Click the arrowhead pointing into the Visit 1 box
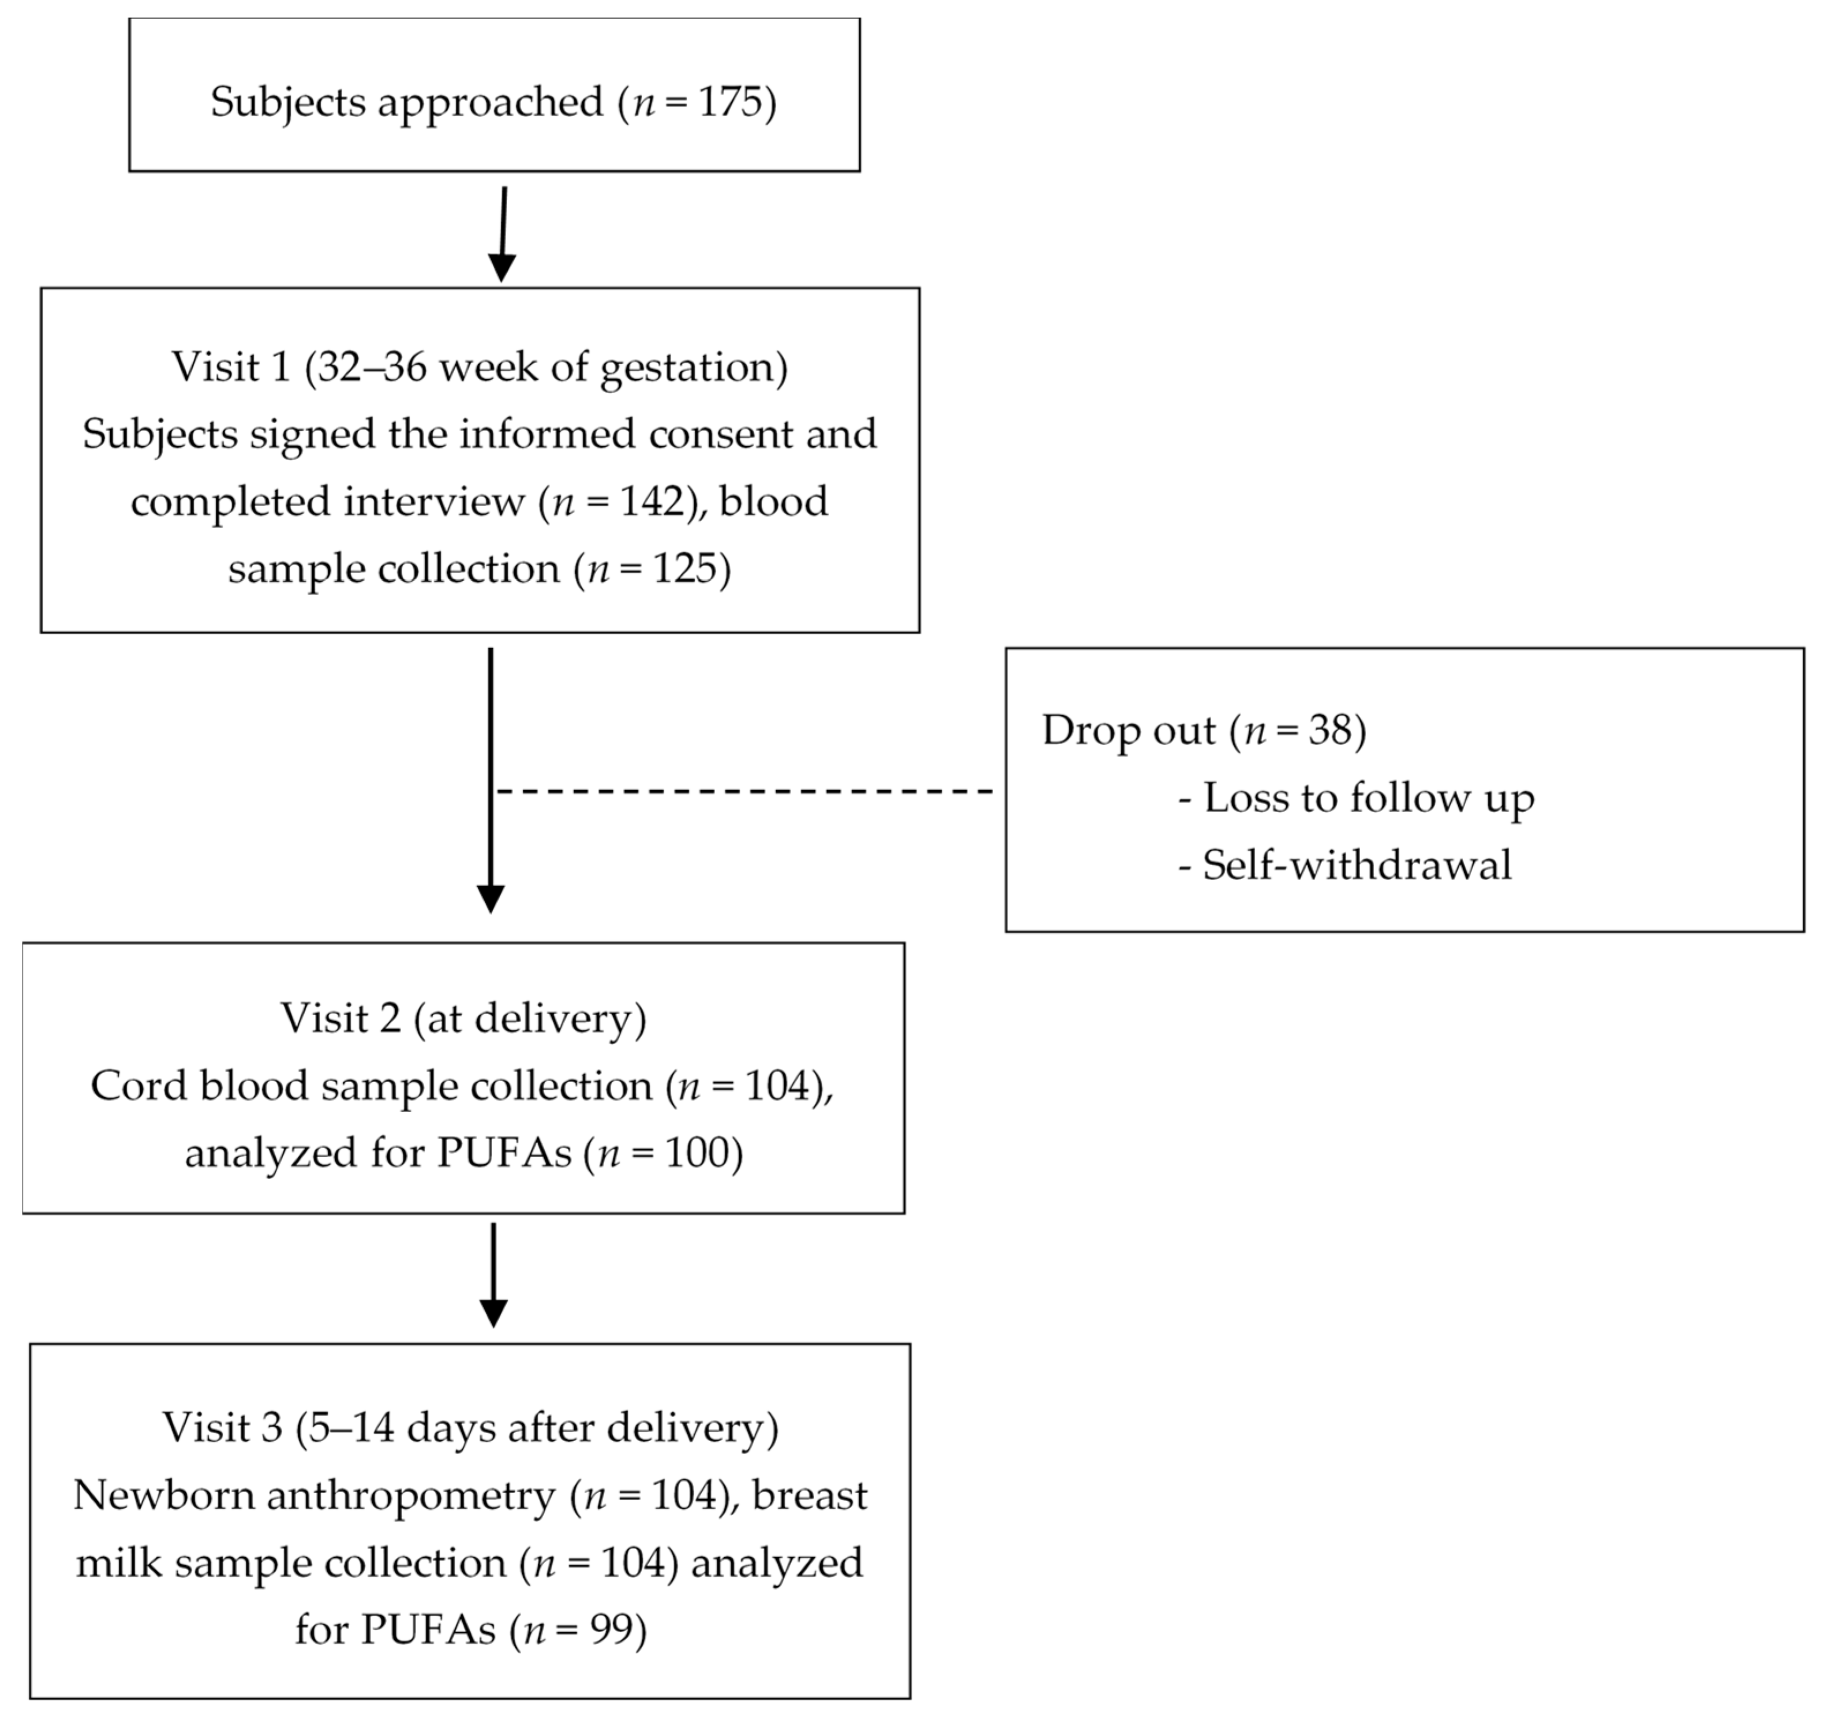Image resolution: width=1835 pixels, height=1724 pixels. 501,268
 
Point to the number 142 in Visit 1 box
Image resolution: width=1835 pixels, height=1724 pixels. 651,502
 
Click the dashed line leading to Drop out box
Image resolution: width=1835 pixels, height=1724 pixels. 744,791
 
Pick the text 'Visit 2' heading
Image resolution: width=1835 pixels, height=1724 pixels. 340,1019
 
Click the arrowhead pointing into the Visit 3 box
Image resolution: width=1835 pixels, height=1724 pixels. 494,1312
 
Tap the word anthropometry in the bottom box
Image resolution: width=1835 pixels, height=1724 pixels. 411,1496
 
